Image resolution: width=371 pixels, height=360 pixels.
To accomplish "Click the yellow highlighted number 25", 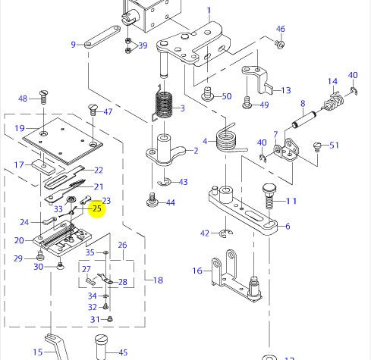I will point(96,208).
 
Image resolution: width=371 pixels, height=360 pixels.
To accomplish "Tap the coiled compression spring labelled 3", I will point(165,105).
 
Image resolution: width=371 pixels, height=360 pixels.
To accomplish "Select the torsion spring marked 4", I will point(228,137).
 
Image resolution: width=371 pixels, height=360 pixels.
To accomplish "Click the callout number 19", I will point(20,128).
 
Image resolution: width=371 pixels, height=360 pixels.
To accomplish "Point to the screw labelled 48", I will point(43,97).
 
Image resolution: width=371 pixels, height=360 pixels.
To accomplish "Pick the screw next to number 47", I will point(93,109).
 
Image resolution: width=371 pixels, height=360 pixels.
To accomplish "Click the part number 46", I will point(281,30).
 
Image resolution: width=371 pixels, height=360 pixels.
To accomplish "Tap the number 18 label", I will point(158,280).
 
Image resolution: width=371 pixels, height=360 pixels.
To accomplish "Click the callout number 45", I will point(121,352).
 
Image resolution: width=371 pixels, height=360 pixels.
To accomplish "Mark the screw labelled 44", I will point(152,202).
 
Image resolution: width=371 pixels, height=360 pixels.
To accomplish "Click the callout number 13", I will point(285,90).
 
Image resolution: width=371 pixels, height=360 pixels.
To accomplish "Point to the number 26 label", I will point(122,246).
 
